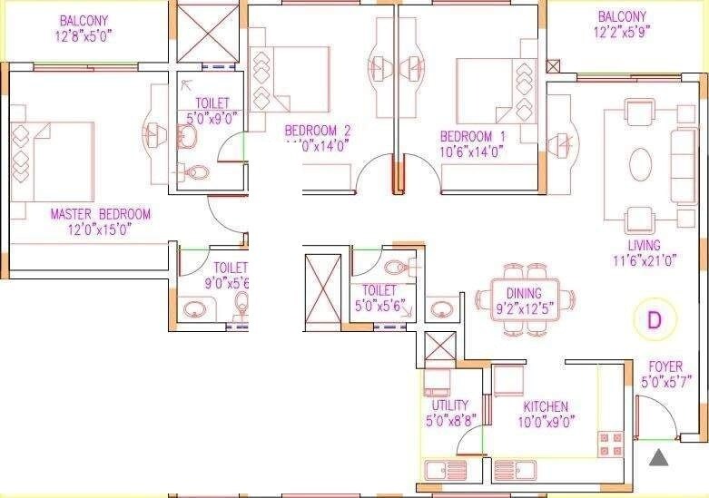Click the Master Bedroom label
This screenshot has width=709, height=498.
point(100,214)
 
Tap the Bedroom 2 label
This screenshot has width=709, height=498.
point(317,131)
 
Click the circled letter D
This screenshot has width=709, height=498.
point(653,319)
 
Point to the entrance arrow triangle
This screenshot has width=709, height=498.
point(659,456)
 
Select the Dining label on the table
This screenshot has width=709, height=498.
point(525,293)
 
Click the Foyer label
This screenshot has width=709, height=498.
point(665,366)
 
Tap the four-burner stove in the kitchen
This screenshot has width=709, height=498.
point(609,444)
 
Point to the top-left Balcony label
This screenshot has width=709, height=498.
point(84,20)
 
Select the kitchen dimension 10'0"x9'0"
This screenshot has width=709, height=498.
point(547,420)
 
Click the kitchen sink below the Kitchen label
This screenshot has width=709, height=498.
point(515,470)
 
